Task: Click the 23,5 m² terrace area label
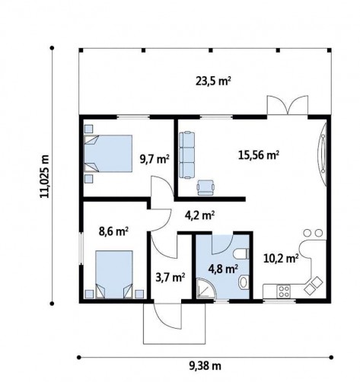(x=213, y=81)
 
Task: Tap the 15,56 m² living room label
(x=259, y=155)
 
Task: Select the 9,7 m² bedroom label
(x=155, y=159)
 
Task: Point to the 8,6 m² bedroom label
(x=113, y=231)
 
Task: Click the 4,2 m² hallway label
(x=199, y=215)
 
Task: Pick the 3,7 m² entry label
(x=170, y=278)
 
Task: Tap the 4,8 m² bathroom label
(x=223, y=269)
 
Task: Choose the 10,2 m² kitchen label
(x=281, y=259)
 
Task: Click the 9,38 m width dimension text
(x=205, y=366)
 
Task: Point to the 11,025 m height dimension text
(x=45, y=176)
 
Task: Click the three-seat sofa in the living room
(x=186, y=154)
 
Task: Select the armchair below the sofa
(x=205, y=188)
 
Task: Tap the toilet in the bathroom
(x=241, y=254)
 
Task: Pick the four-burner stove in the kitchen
(x=284, y=291)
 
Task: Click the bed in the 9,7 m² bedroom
(x=108, y=154)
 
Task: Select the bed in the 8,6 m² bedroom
(x=114, y=274)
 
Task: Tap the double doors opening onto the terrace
(x=288, y=105)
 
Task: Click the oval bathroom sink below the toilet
(x=244, y=282)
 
